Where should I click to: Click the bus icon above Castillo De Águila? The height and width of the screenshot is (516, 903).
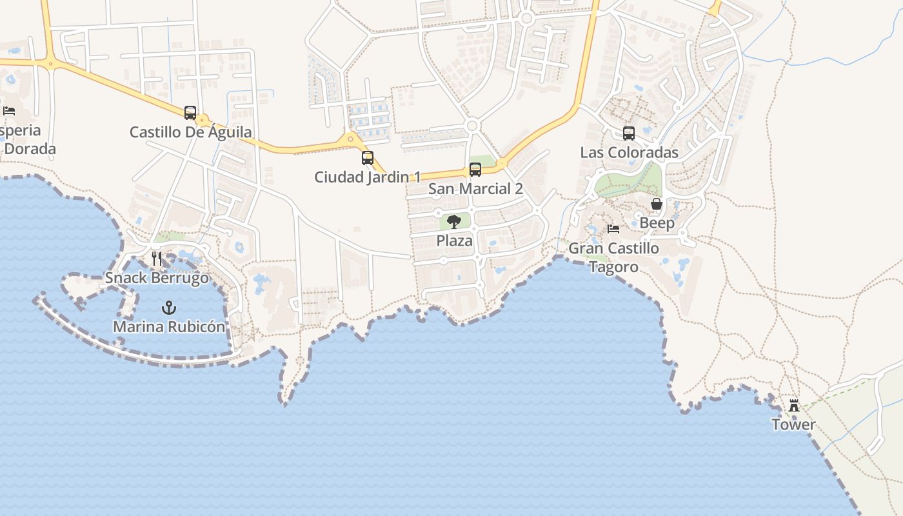point(190,113)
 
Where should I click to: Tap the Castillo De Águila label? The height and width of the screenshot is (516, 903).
point(191,132)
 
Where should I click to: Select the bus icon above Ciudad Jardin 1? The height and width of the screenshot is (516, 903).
point(368,158)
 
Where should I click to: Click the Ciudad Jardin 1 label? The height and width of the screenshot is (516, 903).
point(368,177)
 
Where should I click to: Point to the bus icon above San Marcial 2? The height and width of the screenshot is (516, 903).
point(475,170)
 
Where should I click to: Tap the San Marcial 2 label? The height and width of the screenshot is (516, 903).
point(475,189)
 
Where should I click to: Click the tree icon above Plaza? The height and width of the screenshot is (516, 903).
point(454,222)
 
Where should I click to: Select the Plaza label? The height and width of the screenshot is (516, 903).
point(454,241)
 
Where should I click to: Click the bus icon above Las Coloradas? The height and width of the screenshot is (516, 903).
point(629,134)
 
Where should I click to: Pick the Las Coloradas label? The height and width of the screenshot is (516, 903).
point(629,153)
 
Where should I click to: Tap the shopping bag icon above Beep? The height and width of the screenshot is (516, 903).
point(657,204)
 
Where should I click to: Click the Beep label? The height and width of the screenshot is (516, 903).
point(657,223)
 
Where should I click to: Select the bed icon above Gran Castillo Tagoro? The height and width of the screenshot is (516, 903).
point(613,229)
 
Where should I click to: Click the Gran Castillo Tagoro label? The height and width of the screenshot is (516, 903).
point(613,257)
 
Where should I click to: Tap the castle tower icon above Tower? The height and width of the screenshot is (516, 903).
point(794,406)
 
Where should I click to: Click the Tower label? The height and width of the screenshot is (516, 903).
point(794,424)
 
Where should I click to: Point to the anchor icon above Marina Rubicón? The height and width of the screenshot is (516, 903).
point(169,307)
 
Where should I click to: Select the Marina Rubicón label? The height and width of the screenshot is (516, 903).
point(169,326)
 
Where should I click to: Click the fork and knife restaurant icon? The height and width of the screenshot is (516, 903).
point(157,259)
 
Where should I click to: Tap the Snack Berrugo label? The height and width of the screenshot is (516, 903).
point(157,278)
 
